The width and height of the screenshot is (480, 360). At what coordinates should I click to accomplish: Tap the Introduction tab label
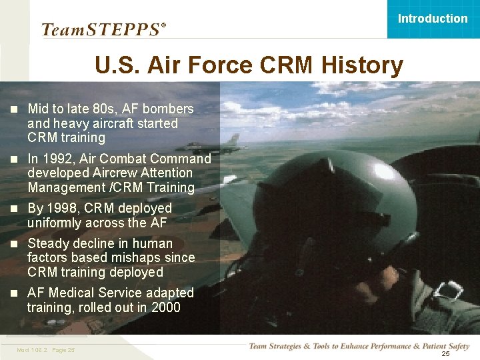433,19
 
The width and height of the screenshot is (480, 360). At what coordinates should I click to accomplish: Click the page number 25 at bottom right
445,353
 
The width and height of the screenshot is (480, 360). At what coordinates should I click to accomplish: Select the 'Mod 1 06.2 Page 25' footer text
46,350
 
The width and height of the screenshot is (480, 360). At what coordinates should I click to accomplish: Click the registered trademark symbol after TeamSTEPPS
164,25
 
